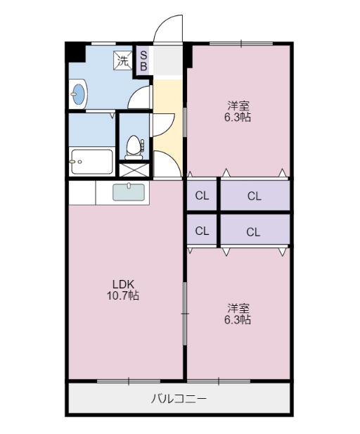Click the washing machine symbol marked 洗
(x=122, y=60)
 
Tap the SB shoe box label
(x=143, y=60)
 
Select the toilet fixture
(x=134, y=146)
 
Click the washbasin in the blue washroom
(x=77, y=92)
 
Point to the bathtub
(x=91, y=161)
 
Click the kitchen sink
(x=129, y=192)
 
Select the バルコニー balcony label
(x=179, y=399)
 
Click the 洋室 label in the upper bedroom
(x=238, y=106)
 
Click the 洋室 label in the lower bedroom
(x=238, y=308)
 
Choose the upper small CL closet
(x=202, y=196)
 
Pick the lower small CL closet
(x=202, y=230)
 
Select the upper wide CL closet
(x=254, y=196)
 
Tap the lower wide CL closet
(x=254, y=230)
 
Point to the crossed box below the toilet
(x=134, y=170)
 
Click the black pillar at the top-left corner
(x=75, y=51)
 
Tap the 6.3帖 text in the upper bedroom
(x=238, y=117)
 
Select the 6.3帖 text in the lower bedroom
(x=238, y=320)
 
